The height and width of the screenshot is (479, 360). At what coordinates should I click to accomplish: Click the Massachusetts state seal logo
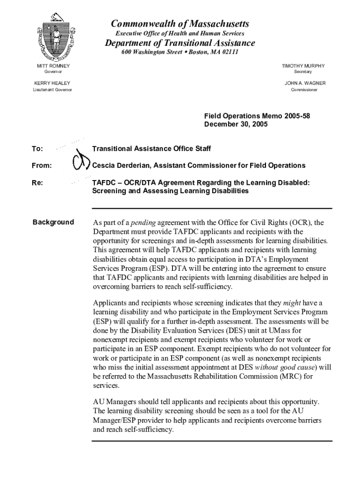56,40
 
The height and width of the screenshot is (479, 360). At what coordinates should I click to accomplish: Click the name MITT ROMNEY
53,66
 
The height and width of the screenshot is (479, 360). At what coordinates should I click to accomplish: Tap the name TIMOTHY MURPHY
303,66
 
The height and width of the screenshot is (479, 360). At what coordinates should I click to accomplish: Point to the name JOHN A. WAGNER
305,83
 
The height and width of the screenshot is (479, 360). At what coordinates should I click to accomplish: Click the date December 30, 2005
236,124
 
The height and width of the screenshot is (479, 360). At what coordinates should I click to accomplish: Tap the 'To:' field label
37,149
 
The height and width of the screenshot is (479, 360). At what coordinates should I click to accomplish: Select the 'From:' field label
42,166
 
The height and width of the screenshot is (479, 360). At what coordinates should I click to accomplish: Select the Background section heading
53,222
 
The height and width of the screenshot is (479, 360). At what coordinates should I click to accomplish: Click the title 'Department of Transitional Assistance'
180,43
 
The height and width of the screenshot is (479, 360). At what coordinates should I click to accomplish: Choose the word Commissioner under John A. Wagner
304,90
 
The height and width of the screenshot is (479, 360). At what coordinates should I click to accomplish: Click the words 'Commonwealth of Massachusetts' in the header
180,24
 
